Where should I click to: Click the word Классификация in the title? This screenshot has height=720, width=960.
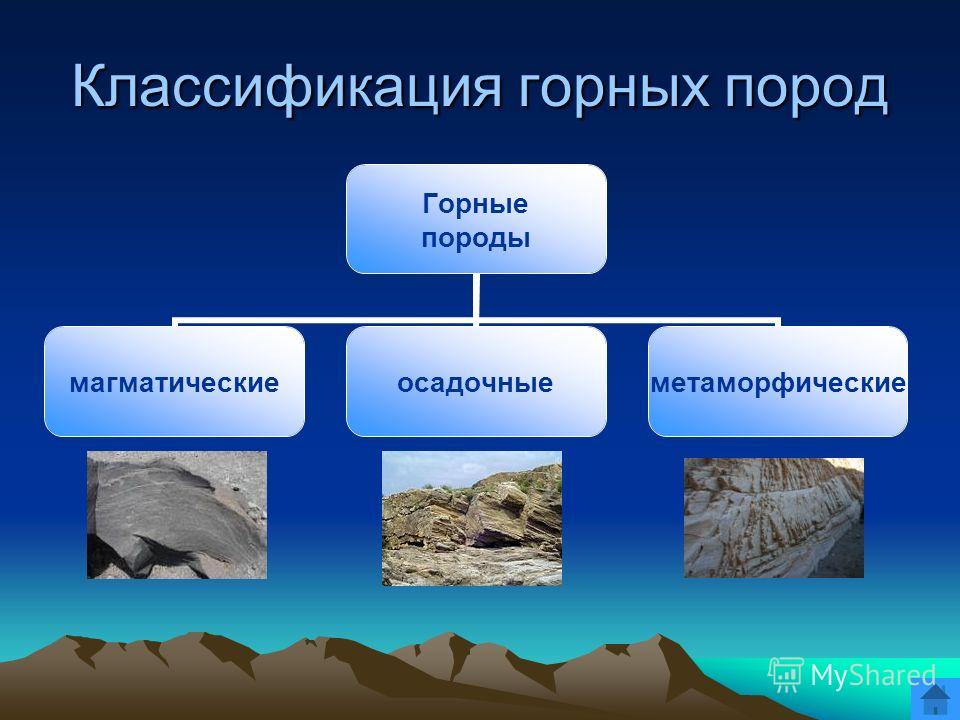288,87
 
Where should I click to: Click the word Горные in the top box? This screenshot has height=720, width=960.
475,204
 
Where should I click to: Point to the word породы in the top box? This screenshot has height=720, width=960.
476,238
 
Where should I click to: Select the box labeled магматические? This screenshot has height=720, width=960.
174,381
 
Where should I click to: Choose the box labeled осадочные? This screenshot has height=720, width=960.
476,381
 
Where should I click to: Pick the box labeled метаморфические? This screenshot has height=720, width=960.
778,381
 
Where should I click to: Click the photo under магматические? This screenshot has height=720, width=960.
177,515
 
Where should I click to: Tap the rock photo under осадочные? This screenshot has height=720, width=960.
472,519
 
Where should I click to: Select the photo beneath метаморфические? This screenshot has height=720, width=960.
774,518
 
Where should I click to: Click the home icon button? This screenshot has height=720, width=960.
935,699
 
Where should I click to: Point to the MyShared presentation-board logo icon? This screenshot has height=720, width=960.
786,675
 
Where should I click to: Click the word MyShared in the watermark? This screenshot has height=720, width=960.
873,675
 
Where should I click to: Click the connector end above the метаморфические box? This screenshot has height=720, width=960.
778,324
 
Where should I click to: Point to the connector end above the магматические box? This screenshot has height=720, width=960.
175,324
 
